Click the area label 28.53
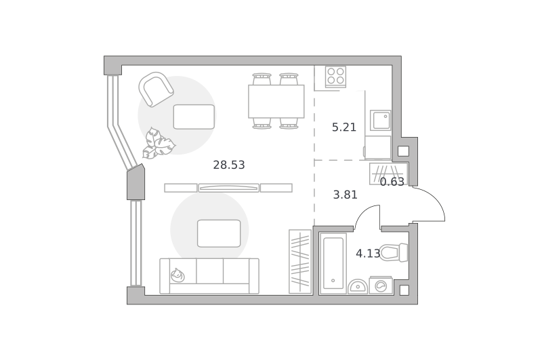[x=229, y=165]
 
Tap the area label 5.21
[x=344, y=127]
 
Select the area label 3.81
[x=345, y=195]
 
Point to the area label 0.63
[x=392, y=182]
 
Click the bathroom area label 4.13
[x=368, y=254]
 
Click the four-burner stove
[x=335, y=77]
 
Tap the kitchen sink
[x=381, y=121]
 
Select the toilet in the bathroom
[x=394, y=252]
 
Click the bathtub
[x=333, y=264]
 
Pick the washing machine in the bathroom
[x=381, y=285]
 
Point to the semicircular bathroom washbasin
[x=358, y=287]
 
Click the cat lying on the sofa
[x=178, y=275]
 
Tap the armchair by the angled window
[x=157, y=89]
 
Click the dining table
[x=276, y=101]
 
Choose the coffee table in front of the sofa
[x=219, y=233]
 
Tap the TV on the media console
[x=229, y=188]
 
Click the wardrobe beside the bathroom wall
[x=300, y=262]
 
